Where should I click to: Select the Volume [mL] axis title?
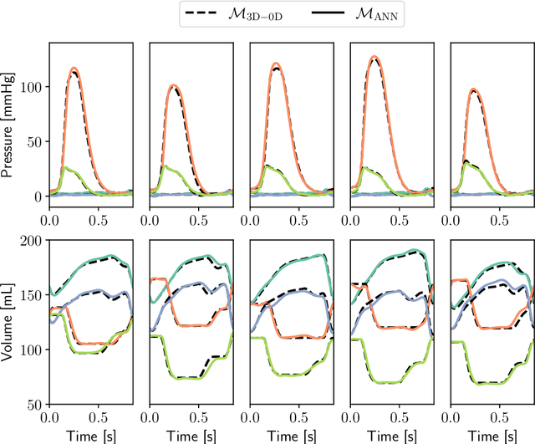8,322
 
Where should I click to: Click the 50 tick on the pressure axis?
36,141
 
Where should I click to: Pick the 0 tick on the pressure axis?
39,196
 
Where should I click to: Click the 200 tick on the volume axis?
33,241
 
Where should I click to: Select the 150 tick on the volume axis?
33,295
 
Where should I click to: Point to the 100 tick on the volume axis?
33,350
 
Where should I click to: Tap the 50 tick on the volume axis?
36,404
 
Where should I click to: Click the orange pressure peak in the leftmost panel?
74,68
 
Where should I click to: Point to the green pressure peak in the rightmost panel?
466,161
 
